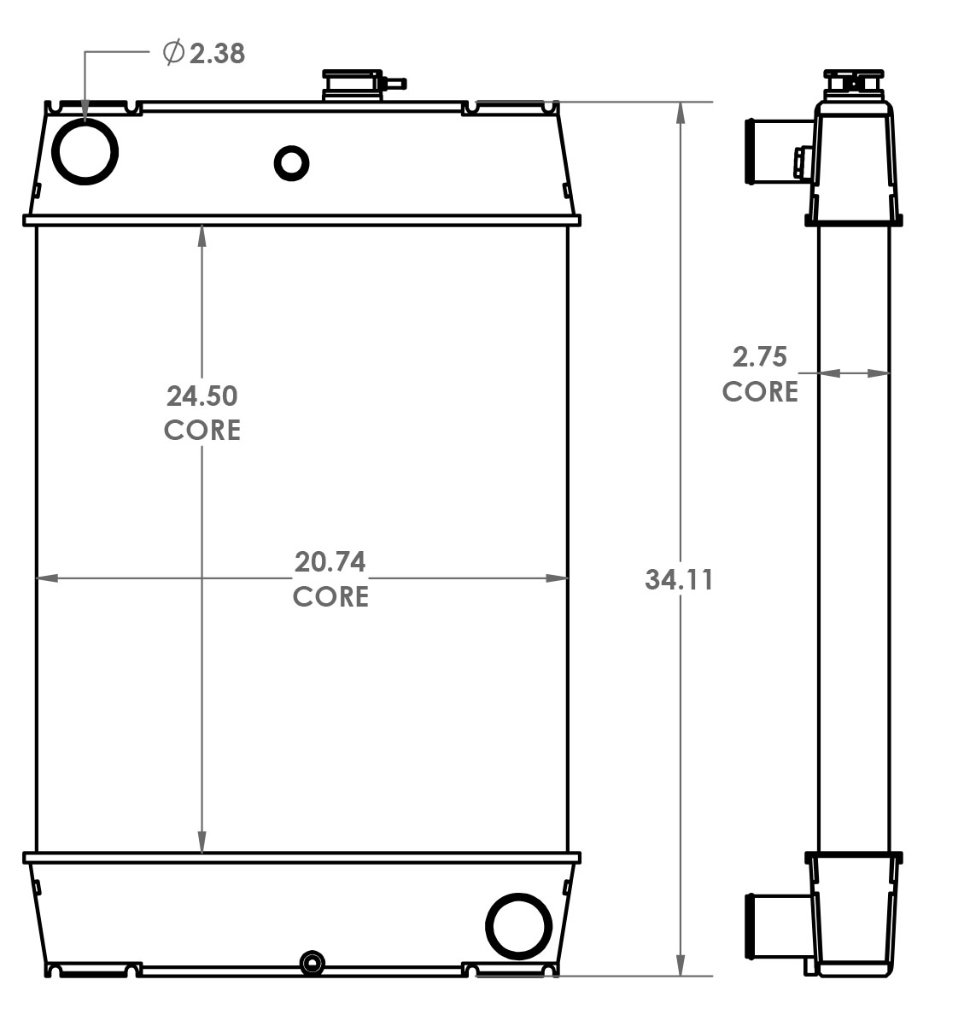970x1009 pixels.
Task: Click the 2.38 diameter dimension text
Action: click(x=217, y=54)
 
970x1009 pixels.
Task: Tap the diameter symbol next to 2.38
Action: click(x=173, y=53)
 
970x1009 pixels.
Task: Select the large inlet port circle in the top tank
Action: click(x=85, y=150)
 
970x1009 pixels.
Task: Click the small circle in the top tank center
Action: click(x=291, y=162)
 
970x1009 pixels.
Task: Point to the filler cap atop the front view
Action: click(x=351, y=85)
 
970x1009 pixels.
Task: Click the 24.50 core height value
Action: click(x=202, y=396)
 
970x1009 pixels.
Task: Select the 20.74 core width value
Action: click(x=330, y=561)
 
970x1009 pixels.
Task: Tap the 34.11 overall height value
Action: click(x=679, y=580)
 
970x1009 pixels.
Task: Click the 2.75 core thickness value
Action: click(x=759, y=355)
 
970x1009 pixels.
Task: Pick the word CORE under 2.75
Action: click(x=760, y=391)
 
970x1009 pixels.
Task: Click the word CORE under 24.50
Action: click(x=202, y=430)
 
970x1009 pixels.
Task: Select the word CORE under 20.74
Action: click(x=330, y=596)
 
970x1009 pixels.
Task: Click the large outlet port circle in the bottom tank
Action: click(x=518, y=925)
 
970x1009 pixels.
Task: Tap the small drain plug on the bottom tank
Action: click(x=313, y=965)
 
